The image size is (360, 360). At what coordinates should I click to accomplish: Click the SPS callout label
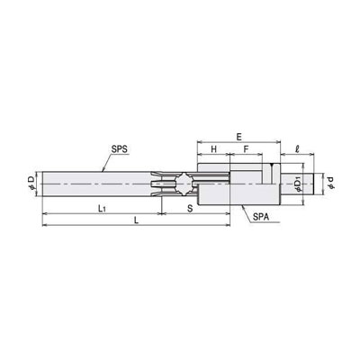click(121, 149)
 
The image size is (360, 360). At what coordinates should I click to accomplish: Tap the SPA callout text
click(261, 218)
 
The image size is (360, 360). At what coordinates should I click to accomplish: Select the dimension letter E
click(238, 137)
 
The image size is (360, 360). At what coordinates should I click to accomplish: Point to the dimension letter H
click(213, 149)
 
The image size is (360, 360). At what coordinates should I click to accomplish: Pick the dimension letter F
click(246, 149)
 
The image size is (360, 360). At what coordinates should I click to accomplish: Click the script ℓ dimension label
click(297, 149)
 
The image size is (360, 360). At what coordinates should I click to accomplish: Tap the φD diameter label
click(31, 183)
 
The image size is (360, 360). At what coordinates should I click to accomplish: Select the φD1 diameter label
click(298, 184)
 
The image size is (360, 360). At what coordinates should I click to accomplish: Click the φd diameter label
click(330, 183)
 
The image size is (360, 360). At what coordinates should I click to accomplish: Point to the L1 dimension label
click(102, 209)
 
